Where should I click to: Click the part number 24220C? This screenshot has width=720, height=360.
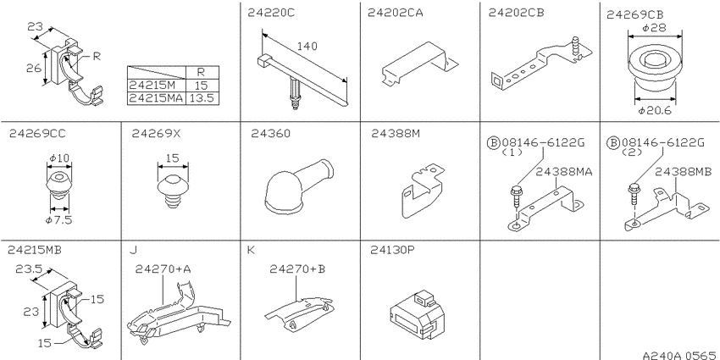click(x=271, y=13)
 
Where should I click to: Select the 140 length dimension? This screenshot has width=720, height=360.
click(x=307, y=46)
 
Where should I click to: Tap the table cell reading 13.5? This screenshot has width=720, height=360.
click(x=202, y=98)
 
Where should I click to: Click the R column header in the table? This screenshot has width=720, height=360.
click(x=202, y=73)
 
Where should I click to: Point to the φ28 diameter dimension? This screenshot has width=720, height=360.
click(x=654, y=28)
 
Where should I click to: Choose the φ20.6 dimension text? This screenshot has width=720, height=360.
click(x=655, y=110)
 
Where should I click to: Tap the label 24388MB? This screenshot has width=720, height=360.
click(x=683, y=172)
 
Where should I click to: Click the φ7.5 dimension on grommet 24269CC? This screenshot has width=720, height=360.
click(x=58, y=220)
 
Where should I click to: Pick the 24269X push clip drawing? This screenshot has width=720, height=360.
click(x=173, y=191)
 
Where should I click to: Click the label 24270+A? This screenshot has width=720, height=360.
click(x=163, y=269)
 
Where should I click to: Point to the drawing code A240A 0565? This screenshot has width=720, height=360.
click(x=679, y=355)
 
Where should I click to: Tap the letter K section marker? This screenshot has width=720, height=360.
click(x=251, y=250)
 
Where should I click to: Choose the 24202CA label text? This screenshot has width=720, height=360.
click(x=396, y=13)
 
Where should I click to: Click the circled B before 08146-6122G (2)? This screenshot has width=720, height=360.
click(x=613, y=143)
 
